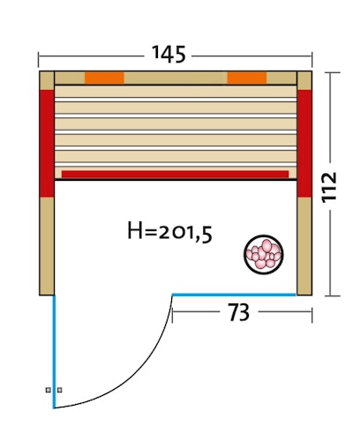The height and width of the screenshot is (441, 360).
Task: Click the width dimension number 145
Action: pyautogui.click(x=168, y=54)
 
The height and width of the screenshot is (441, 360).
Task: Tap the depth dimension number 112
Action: pyautogui.click(x=330, y=186)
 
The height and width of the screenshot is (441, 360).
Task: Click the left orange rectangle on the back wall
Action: pyautogui.click(x=104, y=78)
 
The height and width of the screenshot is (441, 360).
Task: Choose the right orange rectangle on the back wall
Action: pyautogui.click(x=247, y=78)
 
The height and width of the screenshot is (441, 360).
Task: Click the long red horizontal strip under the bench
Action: pyautogui.click(x=175, y=175)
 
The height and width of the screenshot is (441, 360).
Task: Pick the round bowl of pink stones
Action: pyautogui.click(x=264, y=253)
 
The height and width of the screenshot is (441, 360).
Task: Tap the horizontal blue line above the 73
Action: pyautogui.click(x=234, y=294)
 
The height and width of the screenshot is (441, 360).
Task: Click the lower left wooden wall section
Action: pyautogui.click(x=47, y=245)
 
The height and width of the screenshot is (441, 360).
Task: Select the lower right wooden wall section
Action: pyautogui.click(x=305, y=245)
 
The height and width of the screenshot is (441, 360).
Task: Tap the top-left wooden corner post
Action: pyautogui.click(x=47, y=79)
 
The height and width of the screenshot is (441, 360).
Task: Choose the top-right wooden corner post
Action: pyautogui.click(x=305, y=79)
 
